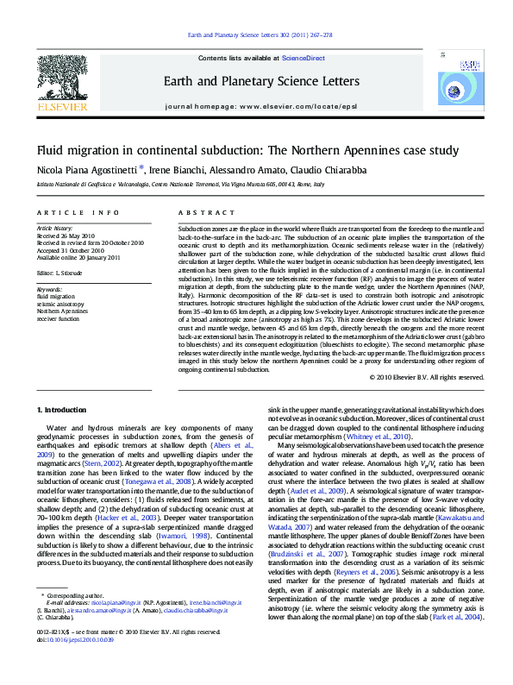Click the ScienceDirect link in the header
tap(303, 57)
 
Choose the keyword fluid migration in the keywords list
tap(57, 296)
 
